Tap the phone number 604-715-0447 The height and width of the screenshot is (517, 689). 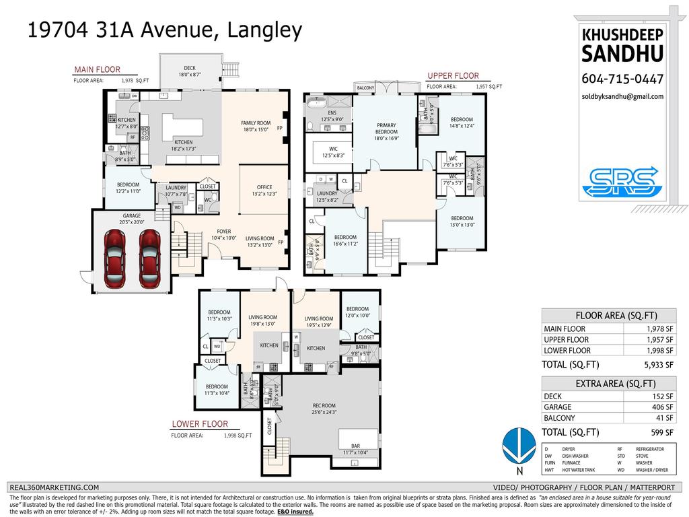coord(622,79)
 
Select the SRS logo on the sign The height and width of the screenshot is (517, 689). coord(620,181)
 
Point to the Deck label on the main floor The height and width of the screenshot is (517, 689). coord(190,68)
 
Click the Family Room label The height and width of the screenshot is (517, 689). coord(256,123)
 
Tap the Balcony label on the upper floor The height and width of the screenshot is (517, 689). coord(365,88)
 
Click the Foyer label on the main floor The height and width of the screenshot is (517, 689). coord(223,232)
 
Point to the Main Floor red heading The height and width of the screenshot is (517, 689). coord(98,69)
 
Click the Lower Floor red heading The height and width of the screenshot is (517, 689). coord(200,424)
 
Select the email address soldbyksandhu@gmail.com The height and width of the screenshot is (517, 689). coord(622,96)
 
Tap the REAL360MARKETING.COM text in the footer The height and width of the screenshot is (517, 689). coord(54,487)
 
